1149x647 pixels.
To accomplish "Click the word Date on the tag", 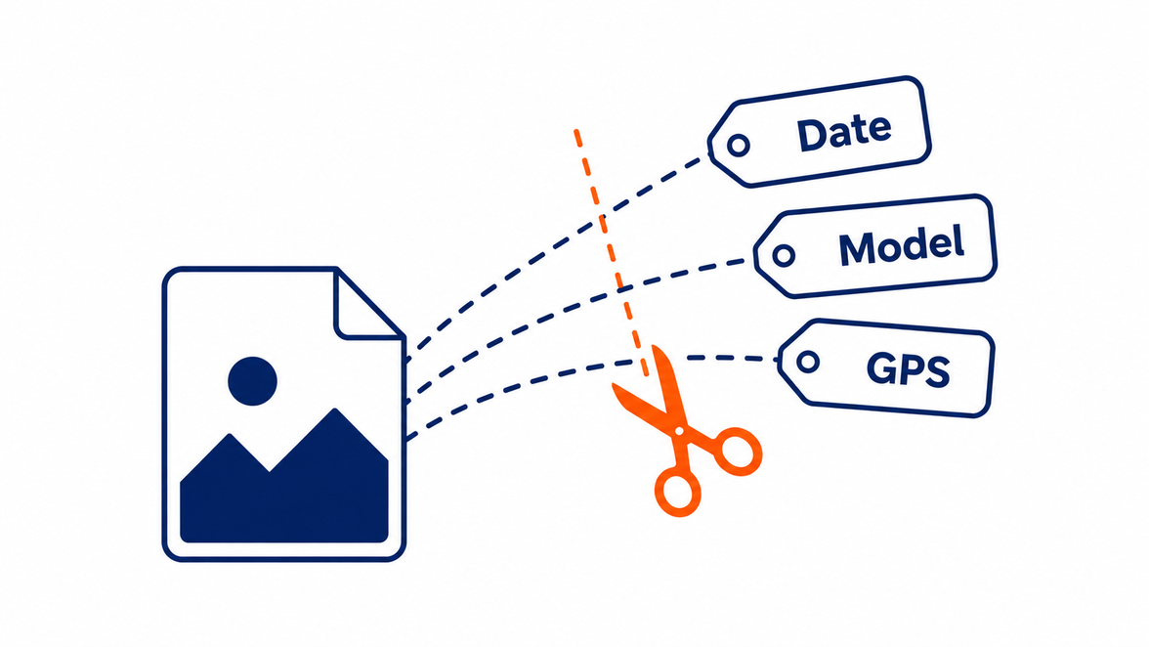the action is tap(844, 133).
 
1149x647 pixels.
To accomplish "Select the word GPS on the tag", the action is tap(909, 369).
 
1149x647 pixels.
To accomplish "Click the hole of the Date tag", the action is tap(739, 145).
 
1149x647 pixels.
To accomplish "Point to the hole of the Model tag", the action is tap(784, 255).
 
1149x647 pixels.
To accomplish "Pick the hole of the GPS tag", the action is tap(807, 362).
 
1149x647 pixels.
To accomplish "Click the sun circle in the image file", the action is tap(252, 381).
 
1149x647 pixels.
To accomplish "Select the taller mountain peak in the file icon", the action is tap(335, 410).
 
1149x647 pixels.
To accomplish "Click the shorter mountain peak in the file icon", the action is tap(231, 435).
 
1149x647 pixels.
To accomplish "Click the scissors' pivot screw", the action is tap(680, 431).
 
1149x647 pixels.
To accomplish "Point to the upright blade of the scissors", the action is tap(664, 385).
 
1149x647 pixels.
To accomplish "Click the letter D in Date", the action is tap(811, 136).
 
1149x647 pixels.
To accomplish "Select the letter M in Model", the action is tap(856, 249).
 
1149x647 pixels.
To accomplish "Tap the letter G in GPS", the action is tap(881, 367).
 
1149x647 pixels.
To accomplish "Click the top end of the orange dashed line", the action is tap(576, 130).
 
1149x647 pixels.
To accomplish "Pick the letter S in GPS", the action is tap(938, 372).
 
